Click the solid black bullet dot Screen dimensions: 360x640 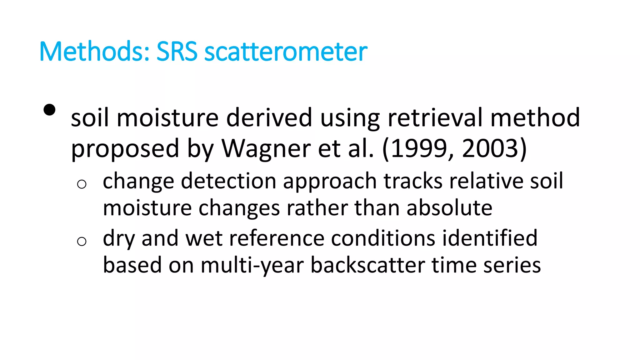click(50, 110)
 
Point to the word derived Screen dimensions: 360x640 click(269, 118)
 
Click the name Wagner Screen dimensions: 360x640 click(266, 148)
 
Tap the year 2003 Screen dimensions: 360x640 click(490, 148)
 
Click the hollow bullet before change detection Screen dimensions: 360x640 click(82, 184)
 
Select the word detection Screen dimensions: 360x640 click(228, 181)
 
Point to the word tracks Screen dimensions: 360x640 click(413, 181)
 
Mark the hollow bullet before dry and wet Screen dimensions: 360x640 click(82, 241)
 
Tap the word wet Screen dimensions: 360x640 click(204, 238)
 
